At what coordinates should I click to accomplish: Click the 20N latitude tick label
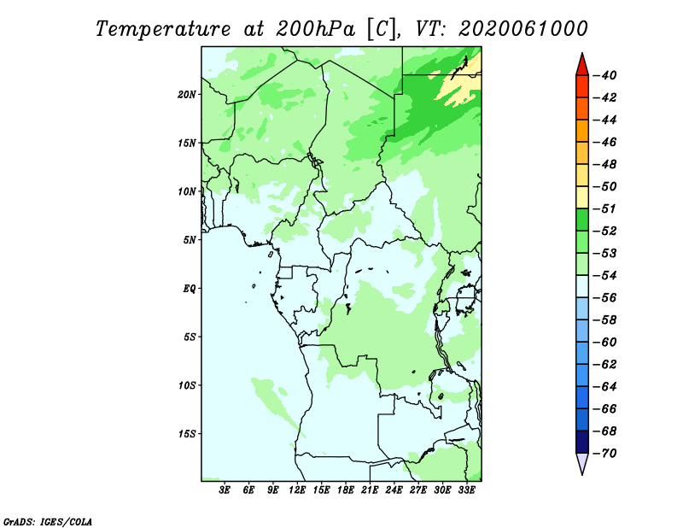pos(186,95)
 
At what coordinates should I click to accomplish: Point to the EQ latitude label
pos(189,289)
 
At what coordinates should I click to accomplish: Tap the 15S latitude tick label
pos(186,434)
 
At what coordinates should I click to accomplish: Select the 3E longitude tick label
pos(225,490)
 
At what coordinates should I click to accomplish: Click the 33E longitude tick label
pos(466,490)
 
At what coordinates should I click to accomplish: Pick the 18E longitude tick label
pos(346,490)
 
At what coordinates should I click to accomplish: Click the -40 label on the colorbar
pos(604,75)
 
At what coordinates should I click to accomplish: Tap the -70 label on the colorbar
pos(604,454)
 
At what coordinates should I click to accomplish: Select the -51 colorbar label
pos(604,208)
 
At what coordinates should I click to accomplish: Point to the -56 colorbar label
pos(604,298)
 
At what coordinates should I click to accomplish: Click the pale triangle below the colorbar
pos(582,463)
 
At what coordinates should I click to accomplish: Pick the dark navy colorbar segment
pos(582,442)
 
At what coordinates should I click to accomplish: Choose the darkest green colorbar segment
pos(582,220)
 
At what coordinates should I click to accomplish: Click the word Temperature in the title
pos(163,29)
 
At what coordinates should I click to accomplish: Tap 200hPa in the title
pos(315,29)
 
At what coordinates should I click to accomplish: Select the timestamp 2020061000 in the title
pos(522,29)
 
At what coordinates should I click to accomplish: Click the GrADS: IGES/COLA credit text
pos(48,521)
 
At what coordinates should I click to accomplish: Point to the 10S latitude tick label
pos(186,385)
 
